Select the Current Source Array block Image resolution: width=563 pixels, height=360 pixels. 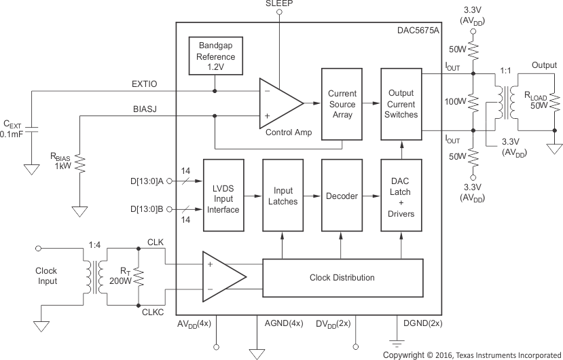(342, 104)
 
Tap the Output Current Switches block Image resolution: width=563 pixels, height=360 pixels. (401, 104)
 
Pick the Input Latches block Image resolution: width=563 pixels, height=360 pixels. (283, 196)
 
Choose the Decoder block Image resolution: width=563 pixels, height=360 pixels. (342, 196)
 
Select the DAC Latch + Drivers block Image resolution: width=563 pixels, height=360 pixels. (401, 196)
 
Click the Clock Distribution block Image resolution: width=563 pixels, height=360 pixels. (342, 278)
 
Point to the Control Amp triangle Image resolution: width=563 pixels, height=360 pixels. (278, 103)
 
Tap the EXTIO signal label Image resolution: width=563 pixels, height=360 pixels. (145, 84)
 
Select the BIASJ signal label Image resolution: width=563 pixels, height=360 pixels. (145, 109)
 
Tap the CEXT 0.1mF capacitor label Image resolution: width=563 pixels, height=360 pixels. (16, 129)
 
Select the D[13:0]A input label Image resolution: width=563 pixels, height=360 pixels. (146, 181)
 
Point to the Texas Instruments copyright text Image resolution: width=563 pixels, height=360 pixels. (471, 355)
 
